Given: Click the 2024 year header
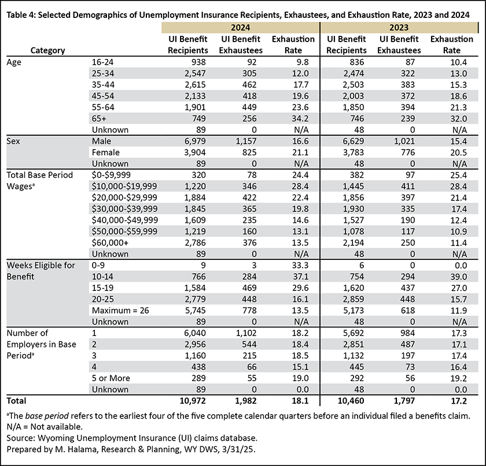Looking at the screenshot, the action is [x=240, y=28].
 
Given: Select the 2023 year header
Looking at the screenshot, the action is [x=399, y=28].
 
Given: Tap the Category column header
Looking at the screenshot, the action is [x=47, y=50].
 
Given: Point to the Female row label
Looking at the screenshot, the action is [x=106, y=152].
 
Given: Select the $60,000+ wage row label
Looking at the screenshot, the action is [x=110, y=243].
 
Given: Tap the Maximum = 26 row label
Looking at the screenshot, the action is [x=120, y=310].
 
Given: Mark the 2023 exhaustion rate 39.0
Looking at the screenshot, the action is [x=458, y=277].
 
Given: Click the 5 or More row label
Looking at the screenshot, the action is [x=111, y=378].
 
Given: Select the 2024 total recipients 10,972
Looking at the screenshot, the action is [x=193, y=401].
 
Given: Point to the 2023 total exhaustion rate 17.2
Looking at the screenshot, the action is [x=458, y=401].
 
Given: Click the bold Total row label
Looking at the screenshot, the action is [x=16, y=401].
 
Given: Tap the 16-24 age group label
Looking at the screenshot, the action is [x=102, y=62].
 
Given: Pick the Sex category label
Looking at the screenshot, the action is [x=13, y=141].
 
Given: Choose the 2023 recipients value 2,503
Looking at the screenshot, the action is [x=354, y=85].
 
